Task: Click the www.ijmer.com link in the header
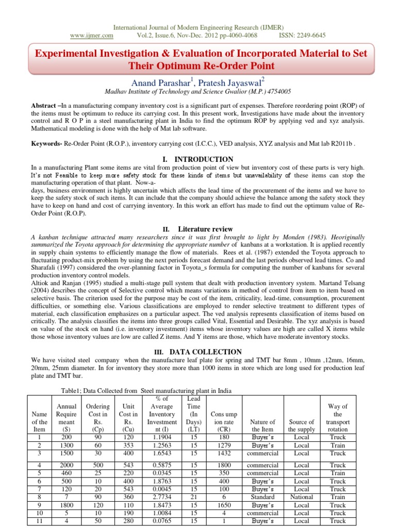[x=91, y=36]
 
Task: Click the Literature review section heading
[x=205, y=229]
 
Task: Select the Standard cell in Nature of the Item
[x=262, y=497]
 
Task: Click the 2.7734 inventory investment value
[x=161, y=497]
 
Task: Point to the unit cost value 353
[x=127, y=445]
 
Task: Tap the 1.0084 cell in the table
[x=161, y=513]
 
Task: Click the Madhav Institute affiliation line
[x=197, y=91]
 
